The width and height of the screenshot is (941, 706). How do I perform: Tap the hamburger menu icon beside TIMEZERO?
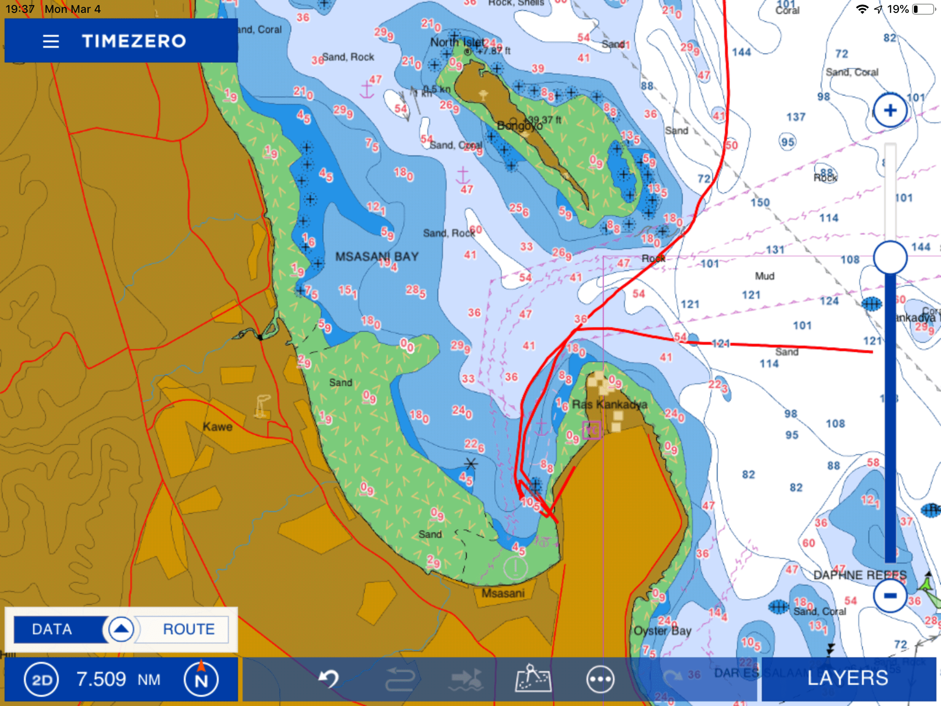point(51,41)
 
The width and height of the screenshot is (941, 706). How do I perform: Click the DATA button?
point(52,629)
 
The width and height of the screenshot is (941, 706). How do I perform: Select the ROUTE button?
point(189,629)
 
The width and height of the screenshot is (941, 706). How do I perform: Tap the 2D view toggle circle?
point(41,679)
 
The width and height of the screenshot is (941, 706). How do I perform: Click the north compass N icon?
point(201,679)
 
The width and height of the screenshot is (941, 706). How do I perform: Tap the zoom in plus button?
point(890,110)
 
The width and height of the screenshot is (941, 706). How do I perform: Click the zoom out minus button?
point(890,596)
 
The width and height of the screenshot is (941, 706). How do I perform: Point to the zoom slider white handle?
point(890,257)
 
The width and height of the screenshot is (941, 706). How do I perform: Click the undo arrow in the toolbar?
point(329,678)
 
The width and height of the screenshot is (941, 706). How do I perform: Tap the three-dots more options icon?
point(600,679)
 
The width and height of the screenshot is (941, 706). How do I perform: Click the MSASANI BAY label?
point(377,256)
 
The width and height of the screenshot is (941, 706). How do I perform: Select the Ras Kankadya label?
point(609,404)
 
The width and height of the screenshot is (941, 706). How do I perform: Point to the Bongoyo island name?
point(519,125)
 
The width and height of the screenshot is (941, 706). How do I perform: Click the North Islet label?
point(457,42)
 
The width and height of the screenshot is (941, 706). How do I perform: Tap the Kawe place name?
point(217,427)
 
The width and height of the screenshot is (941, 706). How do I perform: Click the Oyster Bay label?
point(662,631)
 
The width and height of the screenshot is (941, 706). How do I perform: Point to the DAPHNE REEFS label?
point(860,575)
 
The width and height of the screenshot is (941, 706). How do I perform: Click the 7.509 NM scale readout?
point(118,679)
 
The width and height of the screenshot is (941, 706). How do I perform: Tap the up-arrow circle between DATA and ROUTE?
point(121,629)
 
